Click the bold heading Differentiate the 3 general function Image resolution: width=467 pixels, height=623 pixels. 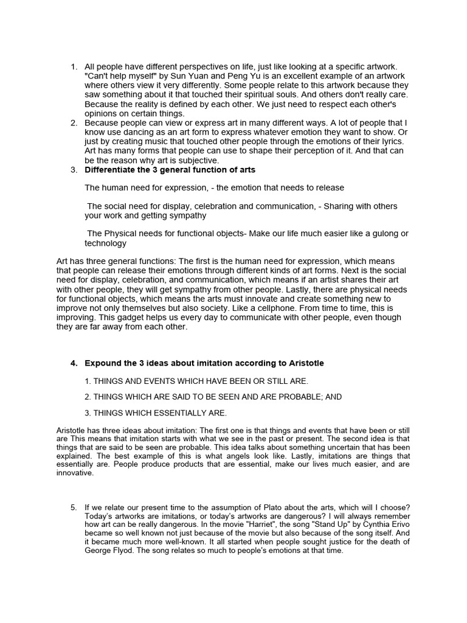click(x=170, y=169)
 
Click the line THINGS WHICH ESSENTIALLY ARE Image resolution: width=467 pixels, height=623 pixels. click(x=156, y=413)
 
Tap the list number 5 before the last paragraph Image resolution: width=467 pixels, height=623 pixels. click(x=73, y=507)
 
